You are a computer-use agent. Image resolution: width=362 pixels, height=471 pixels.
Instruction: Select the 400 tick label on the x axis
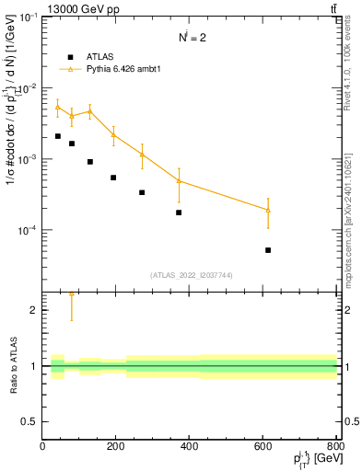[x=190, y=446]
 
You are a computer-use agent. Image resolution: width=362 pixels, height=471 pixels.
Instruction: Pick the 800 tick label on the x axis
[x=335, y=446]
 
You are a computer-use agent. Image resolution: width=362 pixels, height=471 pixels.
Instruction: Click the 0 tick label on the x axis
[x=42, y=446]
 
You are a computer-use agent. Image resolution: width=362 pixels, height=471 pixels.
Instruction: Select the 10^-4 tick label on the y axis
[x=26, y=230]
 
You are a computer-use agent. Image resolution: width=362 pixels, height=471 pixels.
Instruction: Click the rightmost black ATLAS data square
[x=268, y=249]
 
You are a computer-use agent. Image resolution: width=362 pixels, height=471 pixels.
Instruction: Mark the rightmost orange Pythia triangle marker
[x=268, y=211]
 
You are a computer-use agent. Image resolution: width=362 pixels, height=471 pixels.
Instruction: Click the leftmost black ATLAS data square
[x=57, y=136]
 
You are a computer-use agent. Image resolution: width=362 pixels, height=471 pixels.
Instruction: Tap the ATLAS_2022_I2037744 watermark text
[x=190, y=275]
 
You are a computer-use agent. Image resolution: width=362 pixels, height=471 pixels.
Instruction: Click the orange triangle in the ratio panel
[x=71, y=293]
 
